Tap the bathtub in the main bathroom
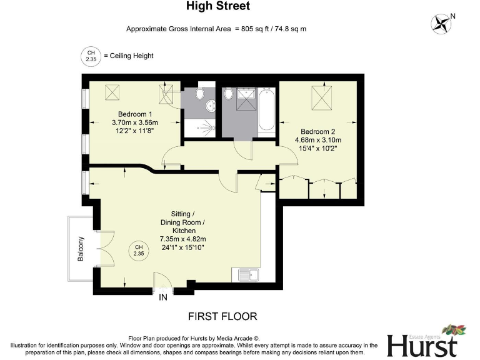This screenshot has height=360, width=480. [267, 112]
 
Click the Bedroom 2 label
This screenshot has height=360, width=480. [318, 131]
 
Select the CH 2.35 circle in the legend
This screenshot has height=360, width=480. [91, 56]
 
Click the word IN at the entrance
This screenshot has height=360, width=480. [164, 297]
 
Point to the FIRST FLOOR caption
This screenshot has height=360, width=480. [222, 316]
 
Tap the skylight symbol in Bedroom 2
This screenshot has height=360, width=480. [322, 97]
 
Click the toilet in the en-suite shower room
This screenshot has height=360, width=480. [199, 94]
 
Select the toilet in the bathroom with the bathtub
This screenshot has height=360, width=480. [229, 94]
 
